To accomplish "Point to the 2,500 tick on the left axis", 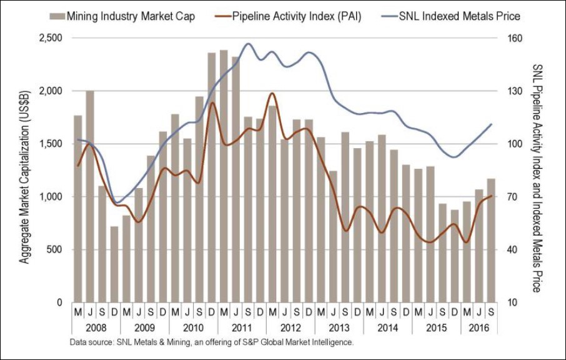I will click(x=49, y=38).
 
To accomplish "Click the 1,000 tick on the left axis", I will click(x=49, y=197).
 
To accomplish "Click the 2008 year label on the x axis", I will click(x=96, y=327).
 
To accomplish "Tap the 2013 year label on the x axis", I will click(x=338, y=327).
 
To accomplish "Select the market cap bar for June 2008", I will click(x=90, y=196).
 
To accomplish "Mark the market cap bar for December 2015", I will click(x=454, y=256).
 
